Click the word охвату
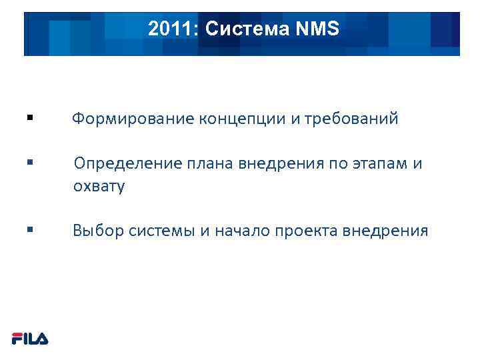tap(99, 187)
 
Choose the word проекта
tap(305, 231)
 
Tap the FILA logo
tap(30, 339)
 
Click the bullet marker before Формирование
tap(29, 118)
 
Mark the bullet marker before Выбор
tap(29, 230)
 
